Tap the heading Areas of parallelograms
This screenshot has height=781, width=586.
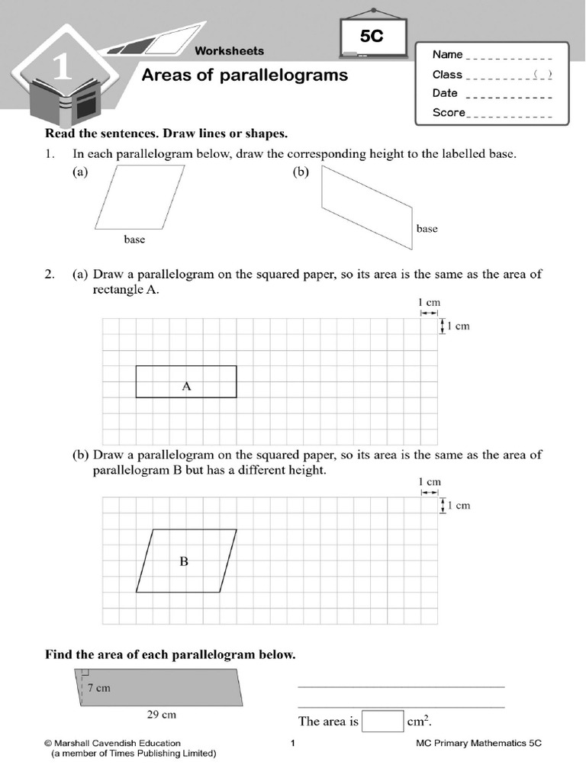click(x=245, y=75)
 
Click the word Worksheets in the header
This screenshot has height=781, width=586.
click(x=229, y=51)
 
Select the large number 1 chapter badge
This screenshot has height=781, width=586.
click(x=63, y=69)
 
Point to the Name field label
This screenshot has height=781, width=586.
click(x=448, y=55)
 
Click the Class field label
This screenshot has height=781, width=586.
click(x=447, y=75)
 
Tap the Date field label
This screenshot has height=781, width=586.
click(x=445, y=93)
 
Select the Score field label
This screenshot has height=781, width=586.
click(x=449, y=113)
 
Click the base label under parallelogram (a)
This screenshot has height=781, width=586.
click(x=134, y=239)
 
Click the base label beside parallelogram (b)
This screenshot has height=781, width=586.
click(x=427, y=229)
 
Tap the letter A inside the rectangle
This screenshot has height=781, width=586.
click(x=185, y=387)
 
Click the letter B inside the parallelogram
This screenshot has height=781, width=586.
click(x=183, y=562)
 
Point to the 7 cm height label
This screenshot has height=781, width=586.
click(x=98, y=688)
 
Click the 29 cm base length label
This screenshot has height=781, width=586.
click(x=161, y=715)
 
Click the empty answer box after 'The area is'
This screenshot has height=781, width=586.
click(x=382, y=721)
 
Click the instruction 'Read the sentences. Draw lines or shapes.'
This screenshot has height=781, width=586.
click(x=166, y=134)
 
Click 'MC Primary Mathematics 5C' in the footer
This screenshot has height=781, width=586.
click(x=478, y=743)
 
